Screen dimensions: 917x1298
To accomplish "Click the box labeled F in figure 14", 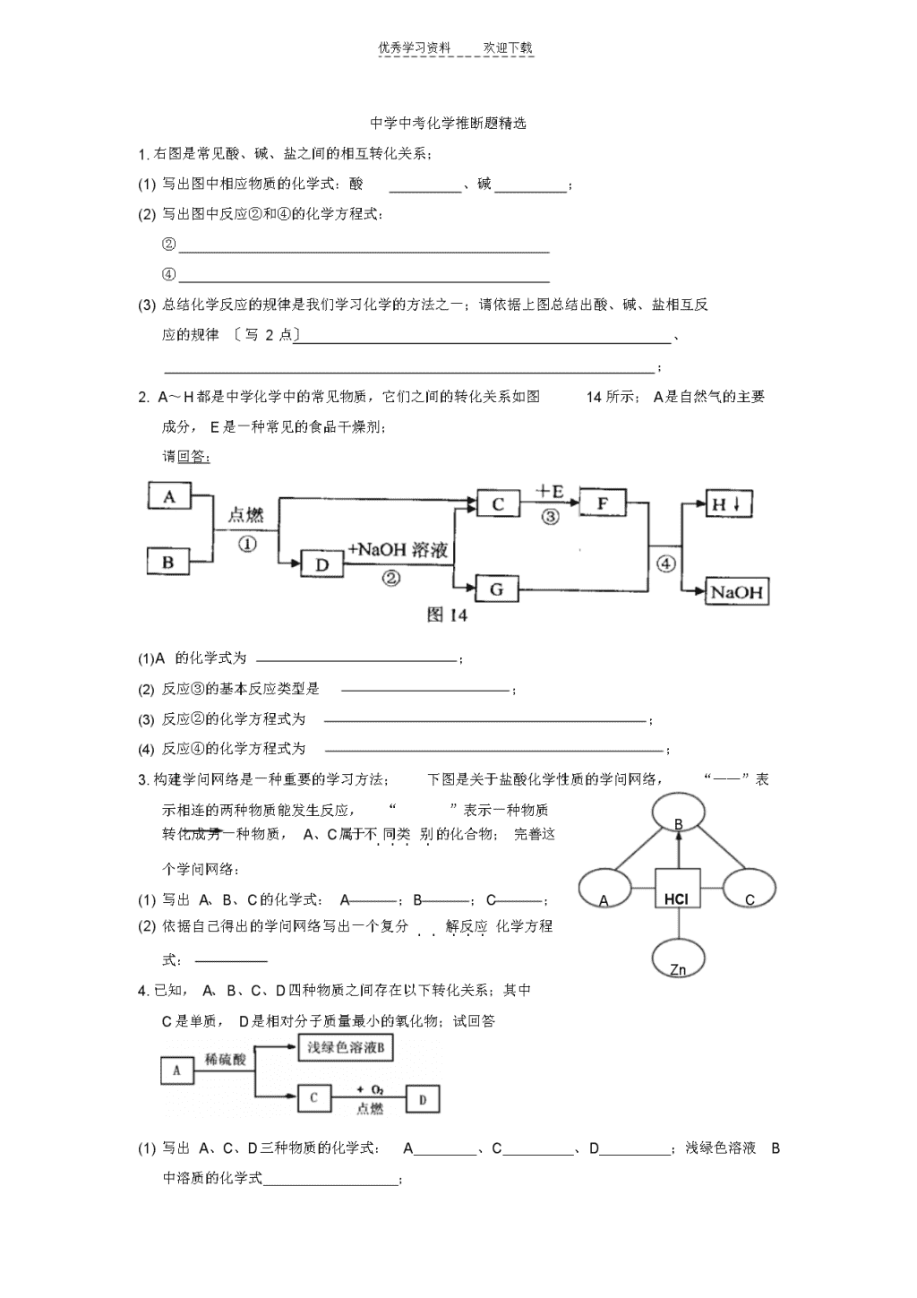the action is click(x=603, y=503).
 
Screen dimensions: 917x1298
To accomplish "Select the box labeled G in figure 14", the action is click(x=496, y=589).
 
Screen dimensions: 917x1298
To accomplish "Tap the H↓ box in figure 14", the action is click(x=729, y=503).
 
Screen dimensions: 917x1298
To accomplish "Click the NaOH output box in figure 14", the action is click(x=737, y=591).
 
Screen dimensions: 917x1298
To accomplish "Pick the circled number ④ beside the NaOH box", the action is click(x=665, y=563).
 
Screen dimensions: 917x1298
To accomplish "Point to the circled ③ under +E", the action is click(x=550, y=516).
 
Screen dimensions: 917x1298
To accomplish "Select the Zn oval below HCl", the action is click(x=678, y=958).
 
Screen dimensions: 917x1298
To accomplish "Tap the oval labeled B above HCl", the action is click(x=678, y=812).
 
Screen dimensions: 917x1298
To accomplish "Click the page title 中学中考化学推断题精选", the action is click(x=448, y=123).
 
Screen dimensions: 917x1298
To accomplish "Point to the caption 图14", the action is click(x=447, y=615).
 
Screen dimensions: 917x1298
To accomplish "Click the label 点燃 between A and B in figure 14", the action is click(x=245, y=514).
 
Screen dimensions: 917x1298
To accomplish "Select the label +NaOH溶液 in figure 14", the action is click(x=398, y=549).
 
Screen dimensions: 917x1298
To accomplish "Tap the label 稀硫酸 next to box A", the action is click(x=226, y=1059).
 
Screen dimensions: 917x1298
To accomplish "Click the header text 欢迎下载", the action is click(x=508, y=48).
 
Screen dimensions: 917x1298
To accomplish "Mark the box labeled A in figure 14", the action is click(x=169, y=495).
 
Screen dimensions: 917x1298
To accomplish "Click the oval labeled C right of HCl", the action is click(x=750, y=888).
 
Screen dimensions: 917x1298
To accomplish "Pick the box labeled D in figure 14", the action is click(x=322, y=563).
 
